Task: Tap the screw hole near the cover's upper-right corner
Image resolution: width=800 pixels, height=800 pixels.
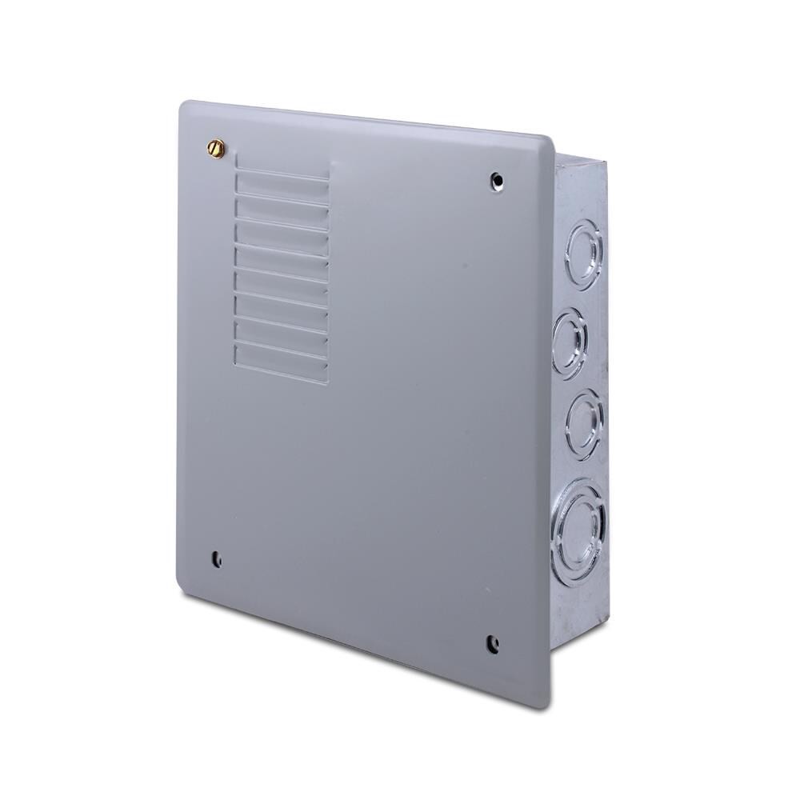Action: click(497, 180)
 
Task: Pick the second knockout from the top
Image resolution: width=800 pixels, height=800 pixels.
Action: click(570, 342)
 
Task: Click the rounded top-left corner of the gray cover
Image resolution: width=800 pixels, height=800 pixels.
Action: click(186, 106)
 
